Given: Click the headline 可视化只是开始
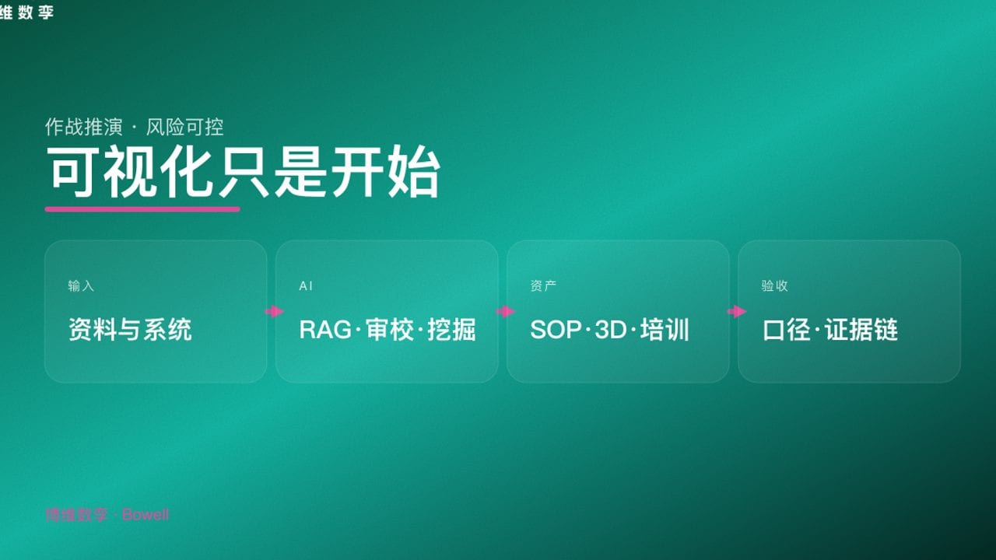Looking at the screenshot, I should (x=243, y=172).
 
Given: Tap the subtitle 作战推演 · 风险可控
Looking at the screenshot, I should (x=135, y=127).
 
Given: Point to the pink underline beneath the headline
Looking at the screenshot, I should (x=142, y=208).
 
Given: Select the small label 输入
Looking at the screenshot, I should (x=81, y=286).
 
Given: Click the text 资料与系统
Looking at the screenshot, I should (x=130, y=330).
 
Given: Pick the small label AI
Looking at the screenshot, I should (x=306, y=286).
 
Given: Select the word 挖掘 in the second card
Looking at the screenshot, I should (x=451, y=330).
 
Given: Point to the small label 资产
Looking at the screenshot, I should (x=543, y=286).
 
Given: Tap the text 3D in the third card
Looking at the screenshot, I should (x=610, y=330).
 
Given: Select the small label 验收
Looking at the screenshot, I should (x=774, y=286).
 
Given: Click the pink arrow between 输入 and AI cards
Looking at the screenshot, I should (x=274, y=312).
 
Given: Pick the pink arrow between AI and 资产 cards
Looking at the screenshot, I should (x=505, y=312).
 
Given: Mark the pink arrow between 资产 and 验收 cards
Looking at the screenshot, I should (x=736, y=312).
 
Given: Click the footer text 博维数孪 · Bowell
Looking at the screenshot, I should (x=107, y=515).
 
